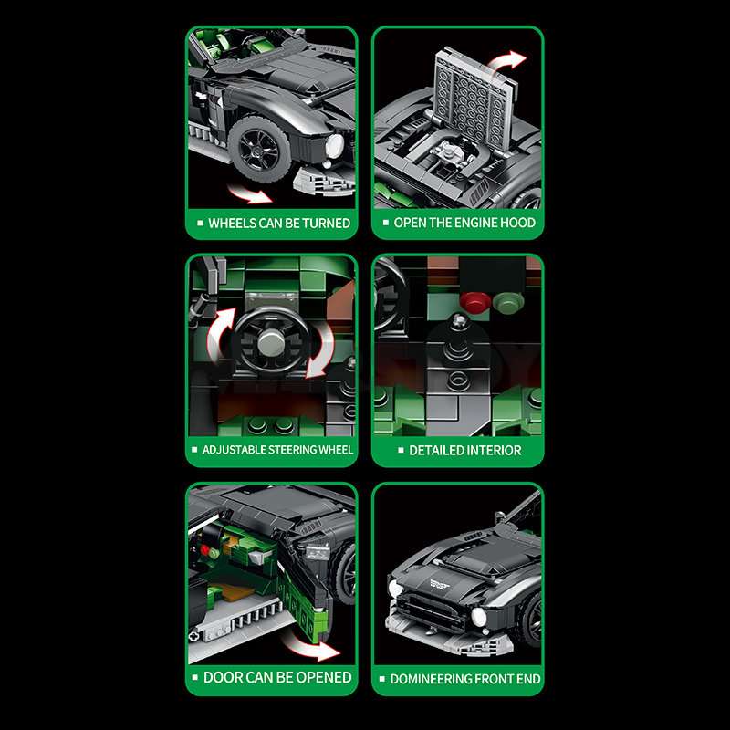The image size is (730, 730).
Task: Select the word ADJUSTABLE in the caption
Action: coord(227,450)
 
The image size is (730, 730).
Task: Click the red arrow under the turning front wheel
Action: coord(249,193)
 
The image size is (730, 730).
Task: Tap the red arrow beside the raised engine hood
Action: coord(506,63)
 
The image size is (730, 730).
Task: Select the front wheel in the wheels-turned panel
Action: coord(259,149)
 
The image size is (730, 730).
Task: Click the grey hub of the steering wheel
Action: coord(270,341)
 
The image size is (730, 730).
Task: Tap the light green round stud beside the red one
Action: coord(508,302)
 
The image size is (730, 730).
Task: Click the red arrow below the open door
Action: coord(312,646)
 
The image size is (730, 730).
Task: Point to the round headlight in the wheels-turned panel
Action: coord(334,146)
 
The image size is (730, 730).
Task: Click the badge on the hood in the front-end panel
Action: coord(440,584)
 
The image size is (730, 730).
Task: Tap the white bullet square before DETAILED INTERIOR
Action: coord(401,450)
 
